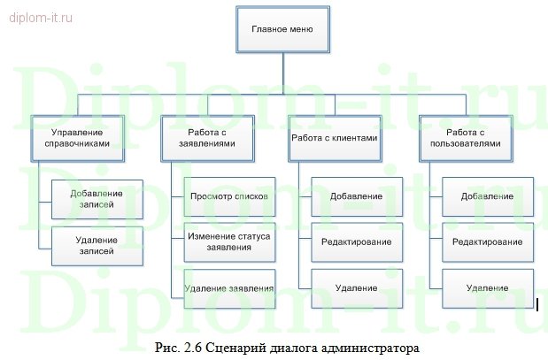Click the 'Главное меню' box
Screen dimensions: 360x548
coord(282,28)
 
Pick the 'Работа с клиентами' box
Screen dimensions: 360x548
coord(335,138)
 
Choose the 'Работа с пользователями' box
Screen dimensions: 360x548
coord(466,138)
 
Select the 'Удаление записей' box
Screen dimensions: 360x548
coord(96,246)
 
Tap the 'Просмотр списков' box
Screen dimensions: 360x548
coord(228,196)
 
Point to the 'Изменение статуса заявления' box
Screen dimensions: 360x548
coord(228,241)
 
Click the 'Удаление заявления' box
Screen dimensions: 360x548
coord(228,288)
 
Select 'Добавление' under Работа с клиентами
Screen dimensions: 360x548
coord(357,196)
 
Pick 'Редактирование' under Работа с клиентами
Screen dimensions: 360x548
coord(357,241)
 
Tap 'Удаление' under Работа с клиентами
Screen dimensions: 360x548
coord(357,288)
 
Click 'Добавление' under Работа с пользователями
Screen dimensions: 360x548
coord(488,196)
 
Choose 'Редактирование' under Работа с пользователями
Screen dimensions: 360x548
coord(488,241)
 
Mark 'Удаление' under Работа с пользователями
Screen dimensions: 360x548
coord(488,288)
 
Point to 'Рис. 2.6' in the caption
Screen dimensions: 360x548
coord(174,346)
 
